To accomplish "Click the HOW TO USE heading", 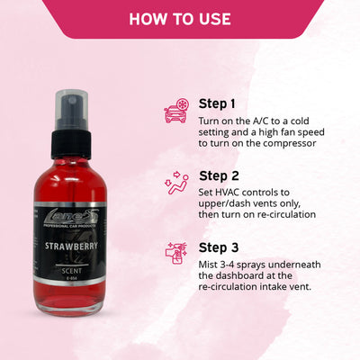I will [x=180, y=19].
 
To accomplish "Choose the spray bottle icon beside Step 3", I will [x=175, y=254].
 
